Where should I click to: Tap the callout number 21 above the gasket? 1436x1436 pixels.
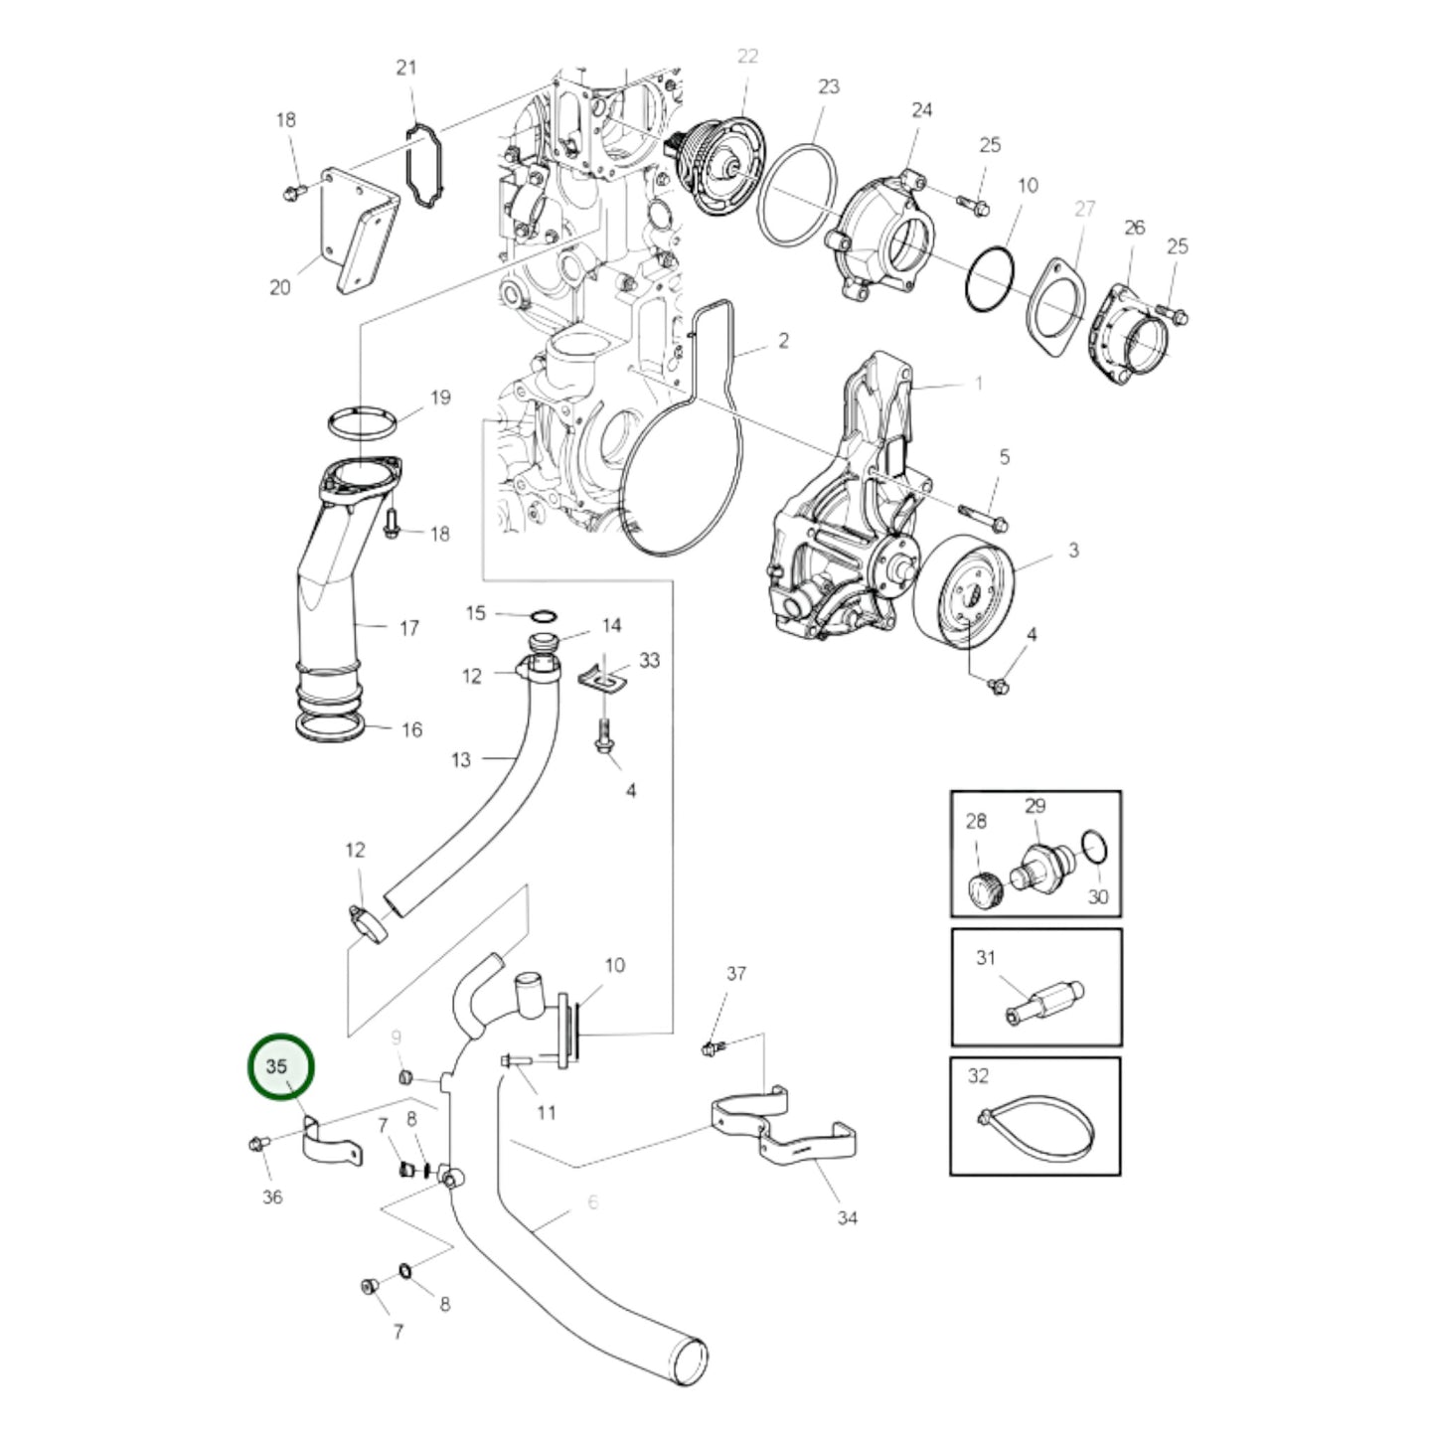[406, 68]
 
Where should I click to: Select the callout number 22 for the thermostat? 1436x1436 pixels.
[747, 57]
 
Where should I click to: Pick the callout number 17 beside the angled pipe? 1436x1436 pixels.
[408, 628]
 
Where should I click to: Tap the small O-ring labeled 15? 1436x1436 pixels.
[544, 615]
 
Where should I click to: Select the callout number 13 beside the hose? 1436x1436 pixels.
[460, 760]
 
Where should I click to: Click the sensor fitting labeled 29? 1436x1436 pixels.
[1038, 859]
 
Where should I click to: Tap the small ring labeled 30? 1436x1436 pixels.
[1094, 848]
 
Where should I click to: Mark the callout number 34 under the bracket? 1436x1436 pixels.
[847, 1217]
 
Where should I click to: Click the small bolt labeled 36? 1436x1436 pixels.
[253, 1144]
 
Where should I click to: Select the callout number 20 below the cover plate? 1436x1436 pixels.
[279, 287]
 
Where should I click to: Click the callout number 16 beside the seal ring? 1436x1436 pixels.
[411, 730]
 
